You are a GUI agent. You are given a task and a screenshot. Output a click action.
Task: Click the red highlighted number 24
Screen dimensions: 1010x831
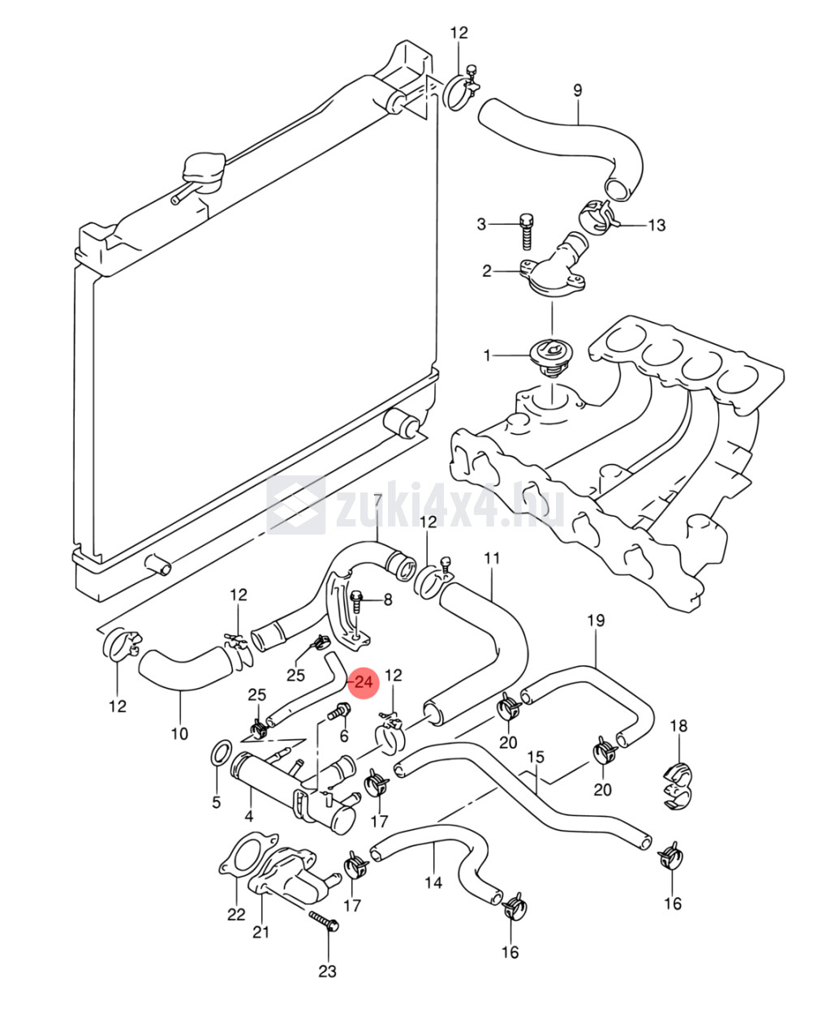(363, 681)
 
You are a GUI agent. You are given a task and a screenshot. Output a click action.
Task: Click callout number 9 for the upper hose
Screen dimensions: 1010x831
(578, 90)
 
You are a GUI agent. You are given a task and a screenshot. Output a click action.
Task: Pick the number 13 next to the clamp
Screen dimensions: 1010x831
(656, 225)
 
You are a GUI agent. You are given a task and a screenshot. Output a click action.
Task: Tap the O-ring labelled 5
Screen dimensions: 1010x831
(218, 754)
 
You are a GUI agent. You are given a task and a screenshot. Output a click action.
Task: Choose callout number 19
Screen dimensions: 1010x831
(596, 621)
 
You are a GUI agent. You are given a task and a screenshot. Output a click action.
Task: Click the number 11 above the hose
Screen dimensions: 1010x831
(492, 558)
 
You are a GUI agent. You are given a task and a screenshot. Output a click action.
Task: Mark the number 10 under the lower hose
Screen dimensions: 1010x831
(179, 733)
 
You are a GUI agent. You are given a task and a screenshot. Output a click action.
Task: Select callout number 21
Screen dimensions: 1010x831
(260, 931)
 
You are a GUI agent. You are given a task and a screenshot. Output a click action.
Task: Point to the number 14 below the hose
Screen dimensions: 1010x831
(433, 882)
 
